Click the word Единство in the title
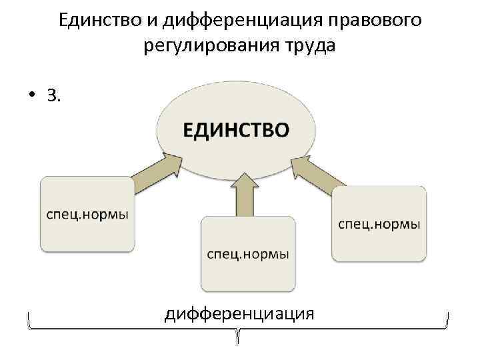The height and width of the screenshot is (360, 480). click(x=99, y=21)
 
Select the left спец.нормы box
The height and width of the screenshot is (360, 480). click(x=87, y=214)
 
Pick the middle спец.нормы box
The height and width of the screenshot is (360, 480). click(x=248, y=254)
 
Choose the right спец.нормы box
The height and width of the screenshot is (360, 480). click(x=379, y=224)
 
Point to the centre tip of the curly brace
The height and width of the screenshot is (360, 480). click(x=238, y=341)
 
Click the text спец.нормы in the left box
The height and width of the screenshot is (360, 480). click(x=87, y=215)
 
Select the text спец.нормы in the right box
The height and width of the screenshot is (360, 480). click(x=379, y=225)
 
